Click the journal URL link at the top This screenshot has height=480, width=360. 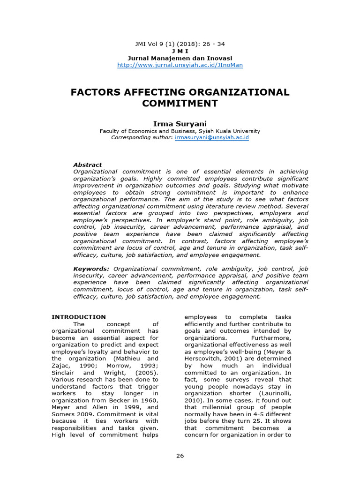[x=180, y=65]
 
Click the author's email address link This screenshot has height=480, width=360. [x=211, y=138]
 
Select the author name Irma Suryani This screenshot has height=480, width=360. [x=180, y=123]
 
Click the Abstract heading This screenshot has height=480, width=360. [x=88, y=165]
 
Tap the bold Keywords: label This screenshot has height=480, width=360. [x=91, y=269]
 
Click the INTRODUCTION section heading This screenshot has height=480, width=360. [x=79, y=317]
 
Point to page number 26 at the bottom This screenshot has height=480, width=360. [x=180, y=456]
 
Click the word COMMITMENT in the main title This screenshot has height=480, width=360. [x=180, y=103]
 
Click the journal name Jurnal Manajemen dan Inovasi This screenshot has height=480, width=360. [x=180, y=58]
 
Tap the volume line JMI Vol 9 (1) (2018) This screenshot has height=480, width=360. [x=180, y=44]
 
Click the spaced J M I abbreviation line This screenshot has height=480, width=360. [x=180, y=51]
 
